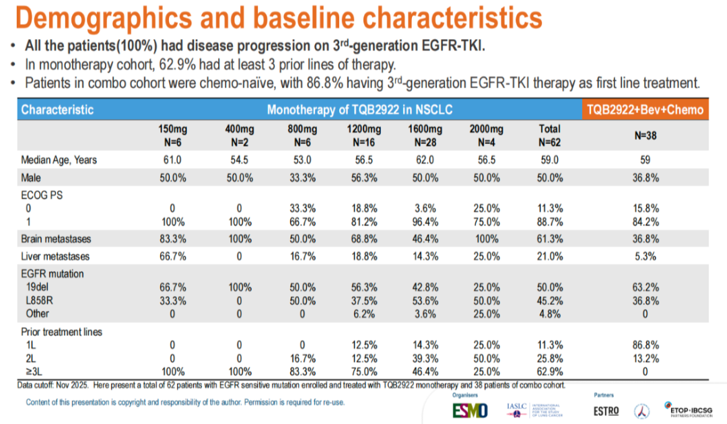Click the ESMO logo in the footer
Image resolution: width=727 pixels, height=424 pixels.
pyautogui.click(x=470, y=409)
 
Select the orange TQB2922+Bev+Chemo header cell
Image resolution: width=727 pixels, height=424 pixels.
pyautogui.click(x=645, y=110)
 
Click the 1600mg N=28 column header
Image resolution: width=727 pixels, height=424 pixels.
pyautogui.click(x=424, y=135)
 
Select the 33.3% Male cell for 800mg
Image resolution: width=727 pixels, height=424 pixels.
pyautogui.click(x=301, y=178)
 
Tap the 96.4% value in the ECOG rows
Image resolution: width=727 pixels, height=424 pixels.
pyautogui.click(x=424, y=221)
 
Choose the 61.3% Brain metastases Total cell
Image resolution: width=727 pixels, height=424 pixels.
pyautogui.click(x=550, y=239)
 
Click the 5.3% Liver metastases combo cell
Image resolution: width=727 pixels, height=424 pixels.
pyautogui.click(x=645, y=256)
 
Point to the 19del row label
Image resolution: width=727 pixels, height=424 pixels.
pyautogui.click(x=38, y=288)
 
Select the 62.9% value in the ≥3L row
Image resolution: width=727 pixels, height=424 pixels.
pyautogui.click(x=550, y=370)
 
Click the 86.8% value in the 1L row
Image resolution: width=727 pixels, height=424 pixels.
pyautogui.click(x=645, y=345)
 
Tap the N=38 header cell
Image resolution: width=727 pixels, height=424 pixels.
pyautogui.click(x=645, y=135)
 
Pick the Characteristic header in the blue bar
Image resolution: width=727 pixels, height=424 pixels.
pyautogui.click(x=57, y=110)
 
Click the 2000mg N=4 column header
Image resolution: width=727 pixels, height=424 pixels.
pyautogui.click(x=487, y=135)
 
